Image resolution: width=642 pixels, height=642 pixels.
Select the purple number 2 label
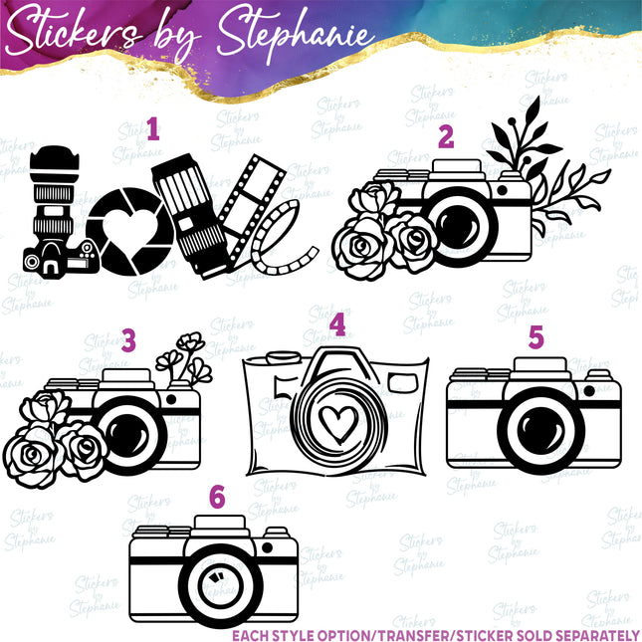[x=445, y=137]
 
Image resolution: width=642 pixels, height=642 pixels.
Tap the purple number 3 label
[x=128, y=340]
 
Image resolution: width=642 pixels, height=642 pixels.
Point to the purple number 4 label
[x=338, y=324]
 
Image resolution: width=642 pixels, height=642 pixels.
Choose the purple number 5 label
[x=536, y=337]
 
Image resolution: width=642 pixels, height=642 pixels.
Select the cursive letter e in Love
[x=285, y=239]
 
